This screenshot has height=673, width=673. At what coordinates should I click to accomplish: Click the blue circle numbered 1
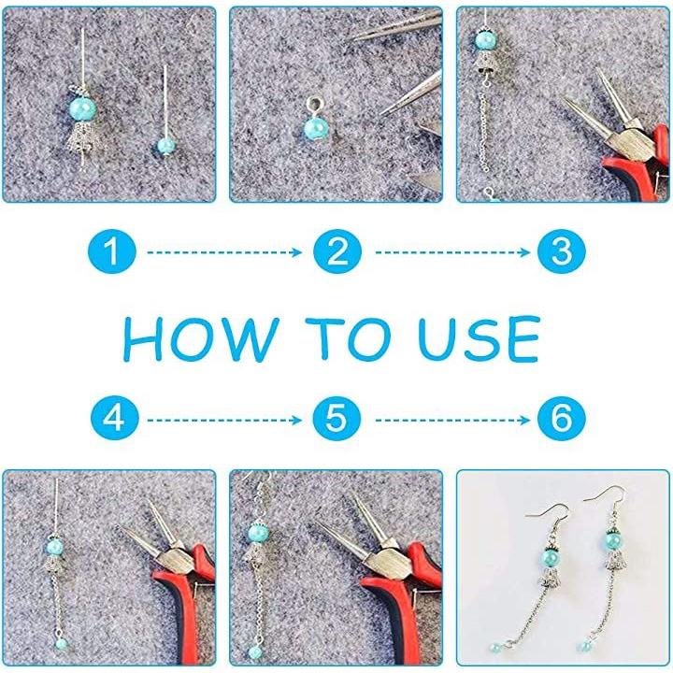(112, 251)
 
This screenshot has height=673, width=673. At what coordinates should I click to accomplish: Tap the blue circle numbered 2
(337, 251)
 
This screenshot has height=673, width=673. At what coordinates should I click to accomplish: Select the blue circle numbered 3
(562, 251)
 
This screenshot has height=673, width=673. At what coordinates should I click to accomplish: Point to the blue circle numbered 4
(115, 419)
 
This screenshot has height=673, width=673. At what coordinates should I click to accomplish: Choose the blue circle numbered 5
(336, 419)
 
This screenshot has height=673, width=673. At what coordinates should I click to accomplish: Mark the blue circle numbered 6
(562, 419)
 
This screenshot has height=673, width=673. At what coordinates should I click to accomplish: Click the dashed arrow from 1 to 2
(224, 252)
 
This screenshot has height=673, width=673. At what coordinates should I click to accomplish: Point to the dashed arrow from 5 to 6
(452, 420)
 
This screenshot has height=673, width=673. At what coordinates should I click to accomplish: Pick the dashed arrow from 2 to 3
(452, 252)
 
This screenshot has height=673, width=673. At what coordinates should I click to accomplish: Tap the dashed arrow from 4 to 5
(224, 420)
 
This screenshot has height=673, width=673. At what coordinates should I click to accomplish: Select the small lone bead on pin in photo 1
(166, 146)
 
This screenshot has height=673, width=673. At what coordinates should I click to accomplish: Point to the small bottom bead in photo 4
(62, 643)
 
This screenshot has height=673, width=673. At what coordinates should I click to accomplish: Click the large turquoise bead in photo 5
(258, 533)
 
